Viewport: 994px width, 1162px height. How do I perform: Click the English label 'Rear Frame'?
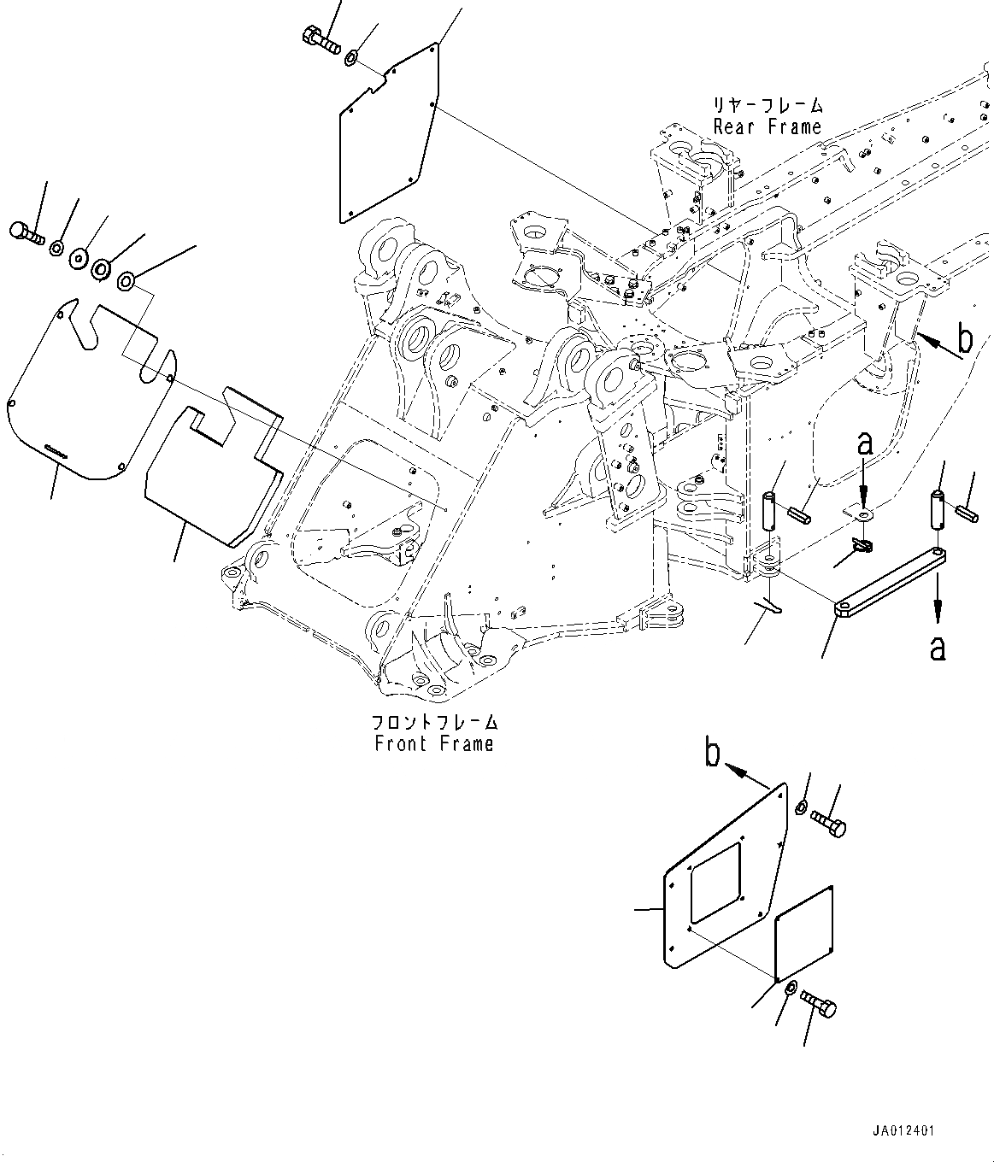767,127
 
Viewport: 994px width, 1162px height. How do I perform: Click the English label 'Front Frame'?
434,743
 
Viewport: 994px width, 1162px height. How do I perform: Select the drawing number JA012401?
903,1130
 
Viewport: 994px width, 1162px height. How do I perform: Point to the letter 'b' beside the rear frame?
964,340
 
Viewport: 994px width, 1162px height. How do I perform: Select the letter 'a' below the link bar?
938,648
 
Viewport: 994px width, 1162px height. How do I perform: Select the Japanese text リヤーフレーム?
768,106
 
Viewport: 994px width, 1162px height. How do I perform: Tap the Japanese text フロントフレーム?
435,723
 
